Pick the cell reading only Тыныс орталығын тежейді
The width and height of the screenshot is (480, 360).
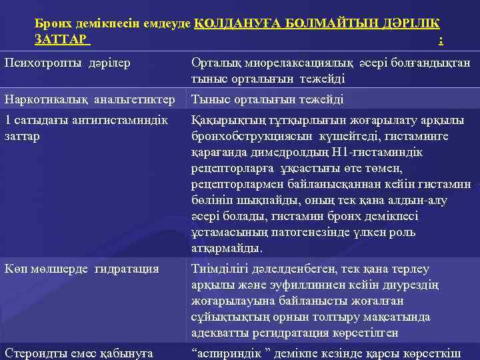267,99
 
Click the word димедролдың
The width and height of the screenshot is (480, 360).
294,152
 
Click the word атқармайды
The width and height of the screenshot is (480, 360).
217,248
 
